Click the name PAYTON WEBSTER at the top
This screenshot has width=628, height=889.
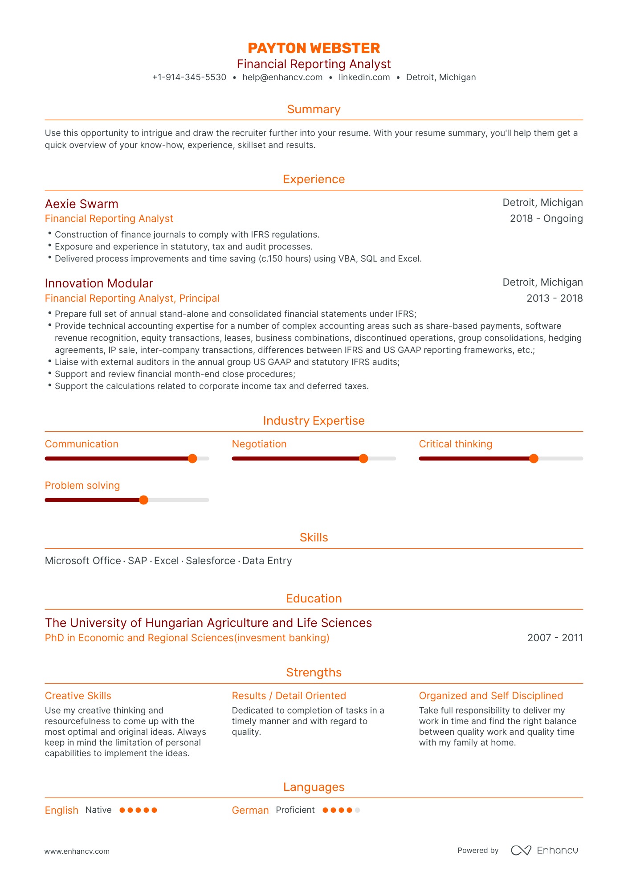pyautogui.click(x=314, y=48)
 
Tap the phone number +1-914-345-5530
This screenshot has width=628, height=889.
pyautogui.click(x=189, y=77)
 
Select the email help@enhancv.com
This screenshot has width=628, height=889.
pyautogui.click(x=282, y=77)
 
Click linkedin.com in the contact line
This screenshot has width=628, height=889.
pyautogui.click(x=364, y=77)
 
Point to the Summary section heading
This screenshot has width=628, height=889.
pyautogui.click(x=314, y=109)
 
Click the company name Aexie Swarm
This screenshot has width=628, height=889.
pyautogui.click(x=82, y=204)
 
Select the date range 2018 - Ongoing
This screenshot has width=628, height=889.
pyautogui.click(x=546, y=218)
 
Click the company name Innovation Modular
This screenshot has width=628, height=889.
pyautogui.click(x=99, y=283)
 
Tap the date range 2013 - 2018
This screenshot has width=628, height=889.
pyautogui.click(x=554, y=298)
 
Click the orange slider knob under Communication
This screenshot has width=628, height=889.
pyautogui.click(x=192, y=459)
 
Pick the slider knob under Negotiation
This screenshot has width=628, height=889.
pyautogui.click(x=363, y=459)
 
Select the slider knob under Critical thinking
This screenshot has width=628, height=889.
pyautogui.click(x=534, y=459)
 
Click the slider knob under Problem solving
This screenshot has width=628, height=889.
pyautogui.click(x=143, y=500)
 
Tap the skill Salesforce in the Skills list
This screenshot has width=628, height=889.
pyautogui.click(x=210, y=561)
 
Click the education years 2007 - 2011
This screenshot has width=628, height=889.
pyautogui.click(x=555, y=638)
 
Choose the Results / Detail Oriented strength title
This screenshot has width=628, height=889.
pyautogui.click(x=289, y=696)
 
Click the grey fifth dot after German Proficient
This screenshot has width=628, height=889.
pyautogui.click(x=357, y=810)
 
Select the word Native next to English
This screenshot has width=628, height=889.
pyautogui.click(x=98, y=810)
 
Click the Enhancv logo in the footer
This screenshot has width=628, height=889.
pyautogui.click(x=544, y=850)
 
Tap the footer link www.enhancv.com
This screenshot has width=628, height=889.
pyautogui.click(x=77, y=851)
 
